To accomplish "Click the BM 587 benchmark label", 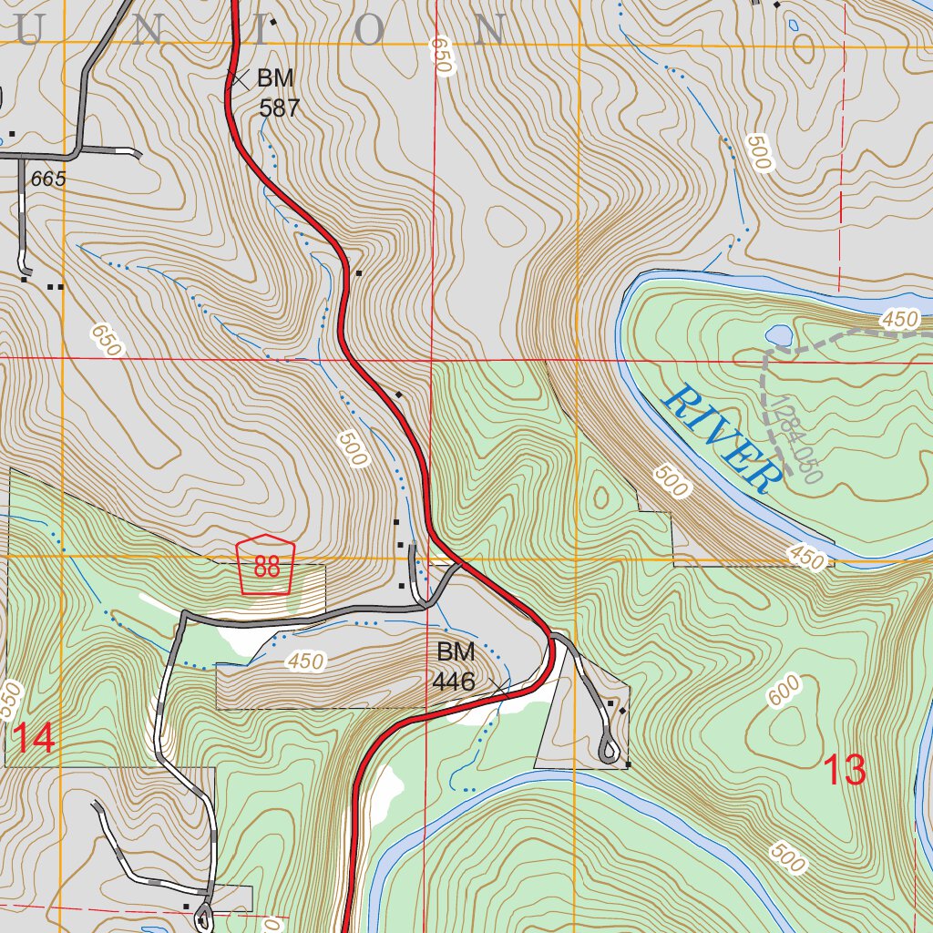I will click(x=277, y=93).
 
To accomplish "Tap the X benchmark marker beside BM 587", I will click(x=239, y=79).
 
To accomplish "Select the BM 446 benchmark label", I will click(x=456, y=666).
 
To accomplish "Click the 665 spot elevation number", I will click(x=48, y=179).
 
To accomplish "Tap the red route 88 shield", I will click(x=267, y=565).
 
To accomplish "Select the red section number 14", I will click(x=34, y=737).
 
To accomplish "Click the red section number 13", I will click(x=844, y=771).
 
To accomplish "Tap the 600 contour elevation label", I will click(x=784, y=690).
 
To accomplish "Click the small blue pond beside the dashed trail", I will click(x=779, y=335).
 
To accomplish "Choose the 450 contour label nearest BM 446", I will click(x=304, y=661).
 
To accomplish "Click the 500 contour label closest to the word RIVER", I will click(x=671, y=481).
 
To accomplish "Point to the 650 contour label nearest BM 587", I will click(x=442, y=56).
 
